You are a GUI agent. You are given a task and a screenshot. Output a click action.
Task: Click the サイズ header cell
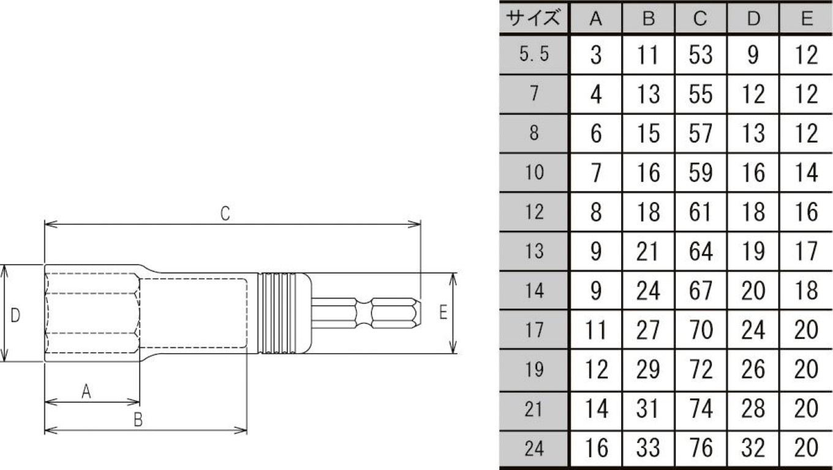point(533,18)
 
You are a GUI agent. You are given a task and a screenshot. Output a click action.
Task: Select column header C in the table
point(701,18)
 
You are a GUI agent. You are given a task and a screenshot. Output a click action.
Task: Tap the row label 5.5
point(533,55)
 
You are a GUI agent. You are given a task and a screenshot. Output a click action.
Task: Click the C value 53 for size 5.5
point(701,55)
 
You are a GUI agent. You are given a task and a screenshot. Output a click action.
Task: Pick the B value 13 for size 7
point(648,94)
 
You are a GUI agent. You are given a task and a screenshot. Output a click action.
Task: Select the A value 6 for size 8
point(595,133)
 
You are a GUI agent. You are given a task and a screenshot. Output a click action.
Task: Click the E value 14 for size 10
point(806,173)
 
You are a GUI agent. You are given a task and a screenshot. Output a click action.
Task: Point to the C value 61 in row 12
point(701,212)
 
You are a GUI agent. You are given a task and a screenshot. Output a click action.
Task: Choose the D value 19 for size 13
point(753,251)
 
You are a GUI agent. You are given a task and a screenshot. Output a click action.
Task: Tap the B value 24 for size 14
point(648,291)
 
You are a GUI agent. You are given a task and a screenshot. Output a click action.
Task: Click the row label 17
point(533,330)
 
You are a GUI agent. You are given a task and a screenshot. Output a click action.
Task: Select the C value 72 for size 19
point(701,370)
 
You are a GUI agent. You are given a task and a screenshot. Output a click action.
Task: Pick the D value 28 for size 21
point(753,409)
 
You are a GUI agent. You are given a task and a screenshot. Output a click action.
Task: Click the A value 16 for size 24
point(595,449)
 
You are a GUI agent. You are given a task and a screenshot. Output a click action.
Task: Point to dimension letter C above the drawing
point(225,214)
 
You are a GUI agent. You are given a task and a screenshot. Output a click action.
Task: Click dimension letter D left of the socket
point(16,315)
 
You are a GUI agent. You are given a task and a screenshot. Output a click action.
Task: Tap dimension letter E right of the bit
point(443,313)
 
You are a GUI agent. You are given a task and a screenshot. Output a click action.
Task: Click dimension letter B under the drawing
point(138,420)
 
